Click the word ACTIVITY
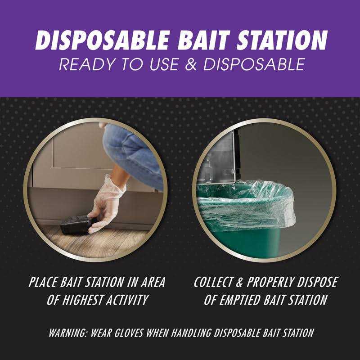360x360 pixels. (135, 300)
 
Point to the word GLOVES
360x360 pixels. (131, 333)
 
